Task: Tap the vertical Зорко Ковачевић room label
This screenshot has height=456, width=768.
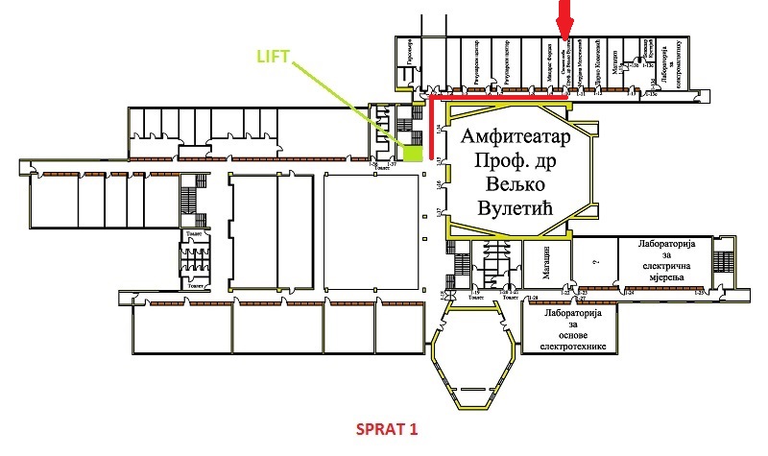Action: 600,63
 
